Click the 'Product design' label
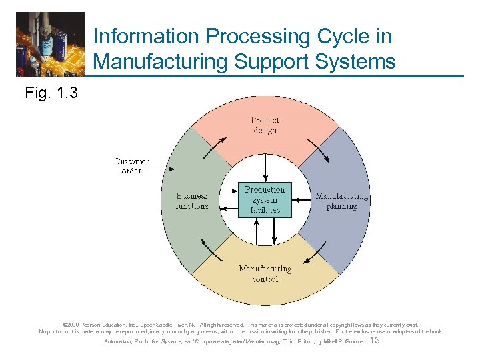coord(265,125)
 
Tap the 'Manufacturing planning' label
coord(341,201)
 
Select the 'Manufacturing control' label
coord(265,274)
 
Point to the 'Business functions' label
coord(192,201)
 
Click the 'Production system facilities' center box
coord(265,199)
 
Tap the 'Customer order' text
coord(131,165)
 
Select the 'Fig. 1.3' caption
coord(51,93)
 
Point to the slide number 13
coord(374,341)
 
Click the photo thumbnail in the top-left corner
coord(51,44)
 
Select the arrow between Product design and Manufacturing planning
coord(319,151)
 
